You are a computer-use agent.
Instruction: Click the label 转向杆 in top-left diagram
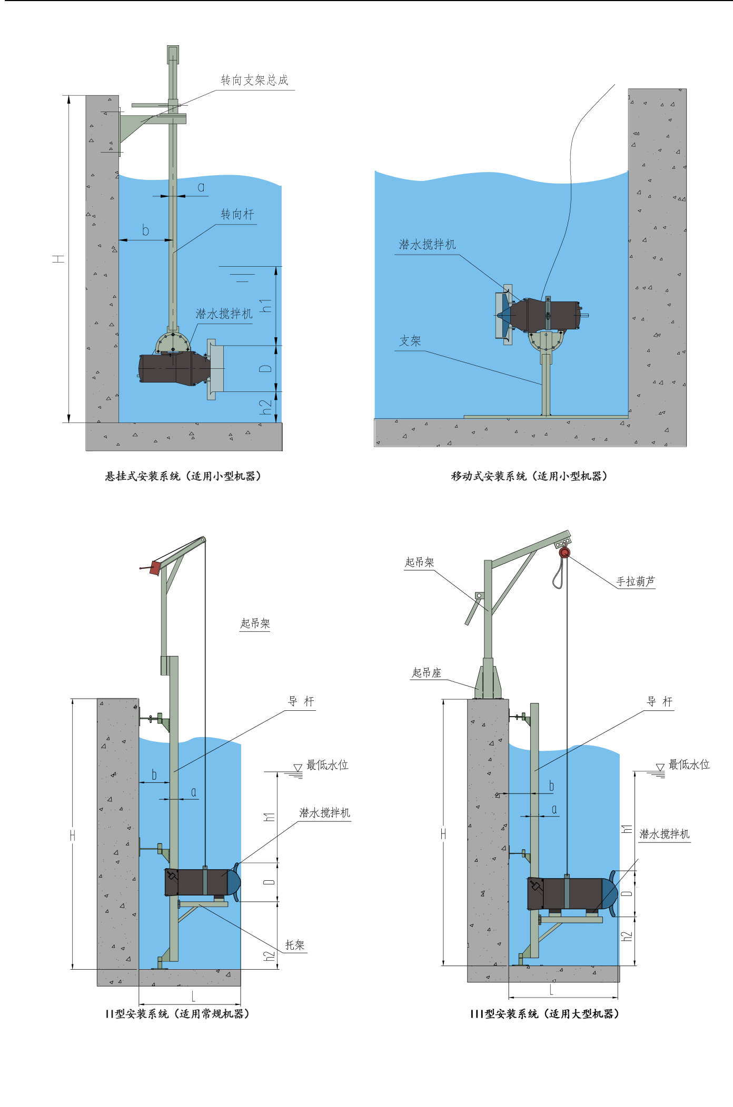237,215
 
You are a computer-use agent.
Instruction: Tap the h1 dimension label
266,306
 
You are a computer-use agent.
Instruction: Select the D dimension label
266,368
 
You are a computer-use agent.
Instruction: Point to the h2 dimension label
266,407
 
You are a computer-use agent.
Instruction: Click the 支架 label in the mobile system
410,341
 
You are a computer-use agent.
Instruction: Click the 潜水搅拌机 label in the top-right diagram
427,245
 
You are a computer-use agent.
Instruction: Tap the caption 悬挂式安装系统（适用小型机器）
183,476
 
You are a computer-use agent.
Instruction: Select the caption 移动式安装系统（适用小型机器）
529,476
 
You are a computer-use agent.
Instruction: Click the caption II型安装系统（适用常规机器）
177,1014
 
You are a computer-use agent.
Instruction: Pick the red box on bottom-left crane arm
155,568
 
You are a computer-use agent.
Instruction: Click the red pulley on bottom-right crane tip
564,552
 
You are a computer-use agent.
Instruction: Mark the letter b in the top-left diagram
146,230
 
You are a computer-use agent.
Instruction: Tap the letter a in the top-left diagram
201,187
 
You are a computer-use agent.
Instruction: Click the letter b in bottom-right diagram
551,786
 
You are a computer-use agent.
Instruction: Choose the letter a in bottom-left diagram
194,792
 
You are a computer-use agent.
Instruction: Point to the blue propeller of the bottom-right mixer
610,894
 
